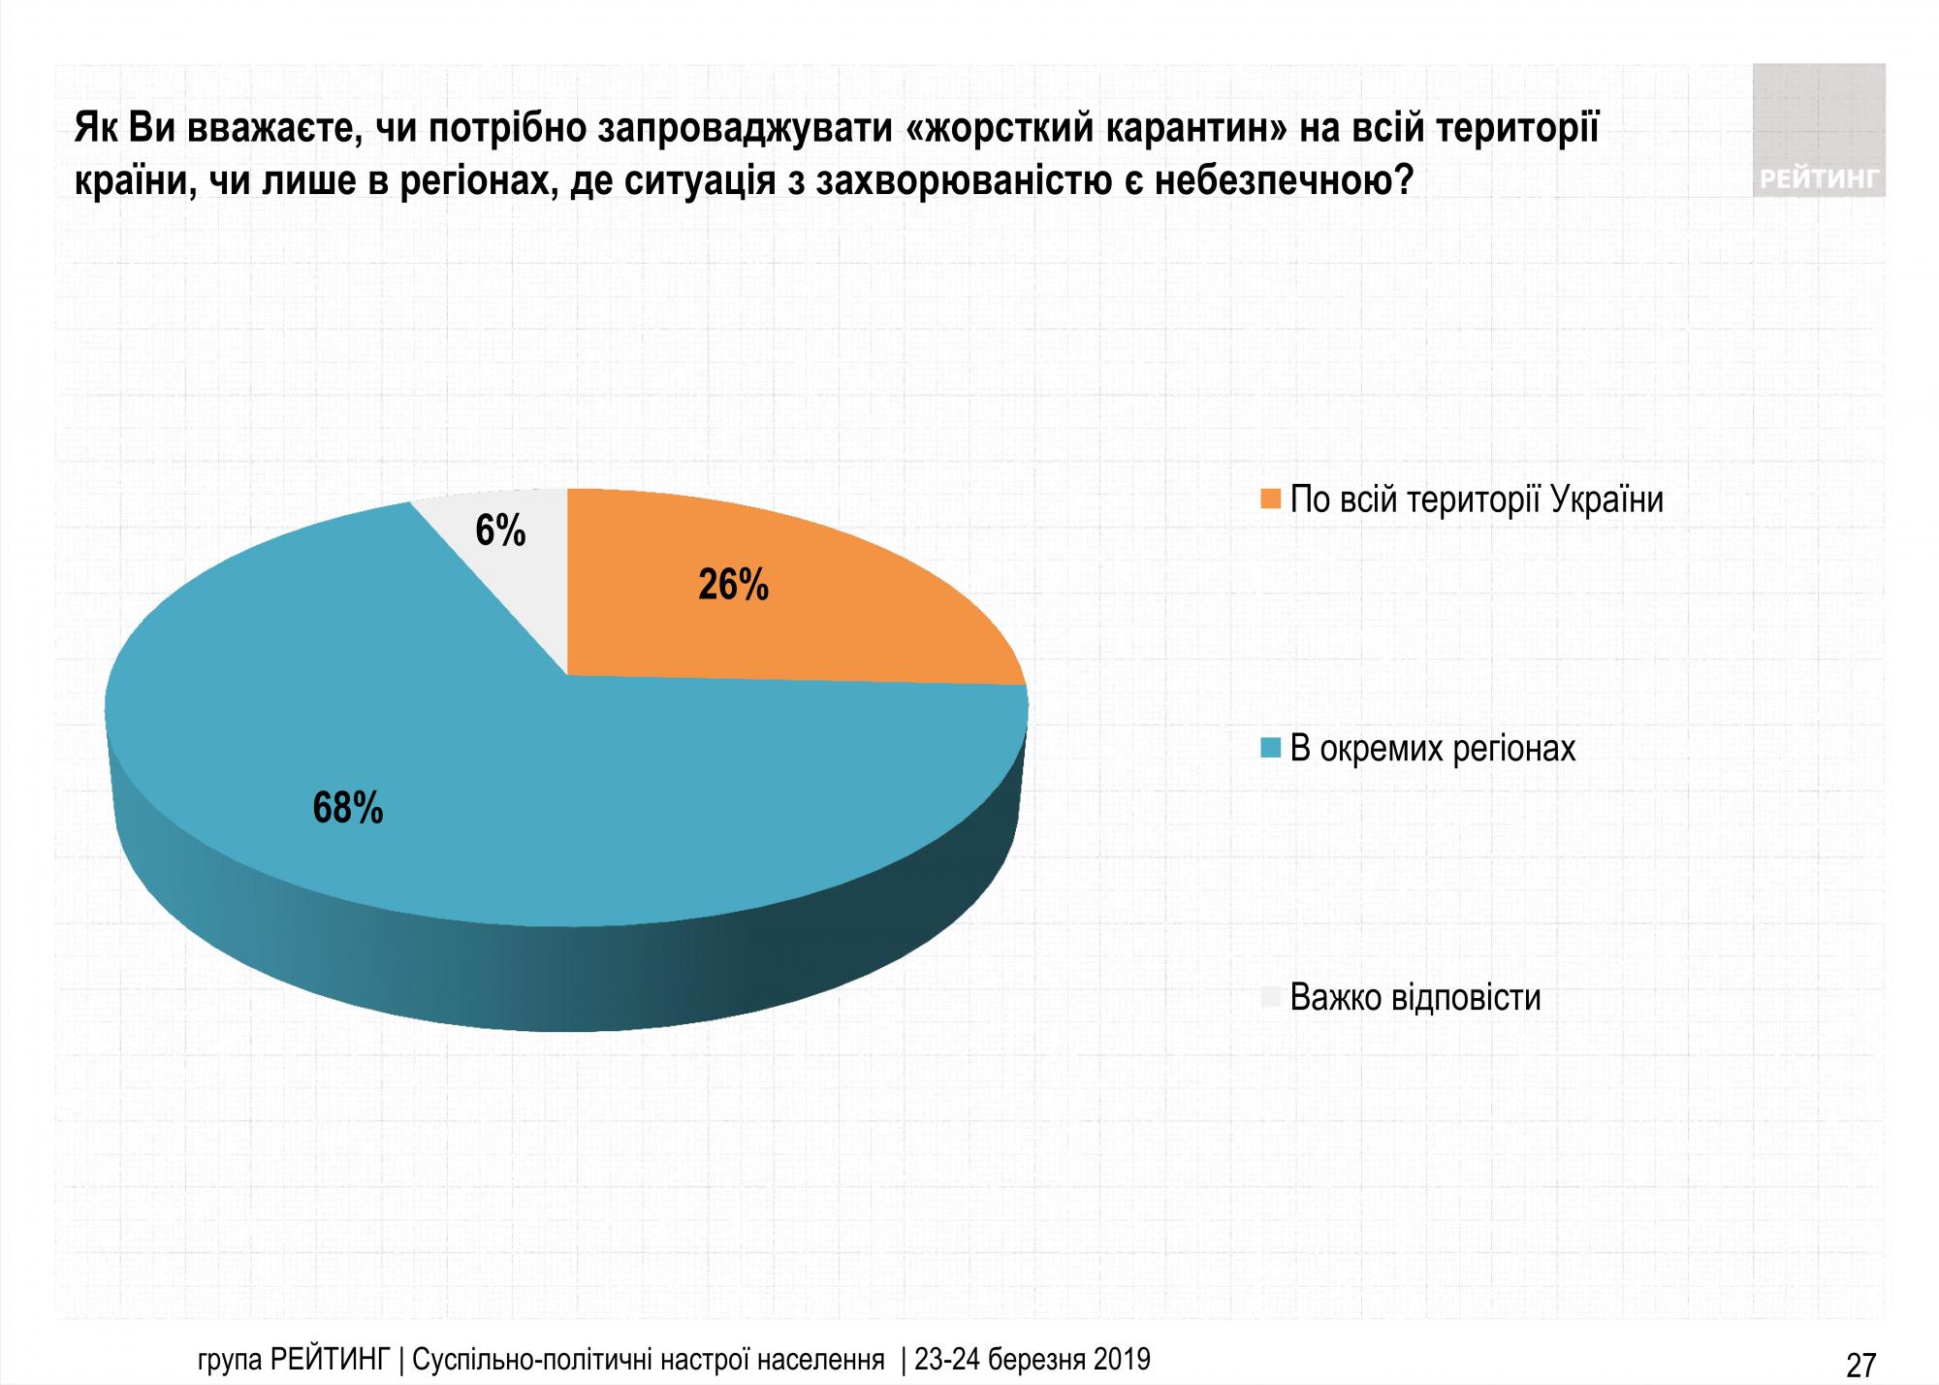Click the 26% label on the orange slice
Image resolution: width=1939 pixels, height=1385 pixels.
tap(733, 586)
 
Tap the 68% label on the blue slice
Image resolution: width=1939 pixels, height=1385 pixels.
tap(348, 807)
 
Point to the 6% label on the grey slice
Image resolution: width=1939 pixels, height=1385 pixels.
tap(500, 531)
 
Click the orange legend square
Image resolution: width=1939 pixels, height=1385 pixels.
tap(1271, 500)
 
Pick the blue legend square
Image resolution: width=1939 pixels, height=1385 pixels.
tap(1271, 748)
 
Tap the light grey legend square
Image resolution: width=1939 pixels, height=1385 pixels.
tap(1271, 997)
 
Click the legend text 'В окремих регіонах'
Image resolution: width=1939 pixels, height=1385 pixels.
tap(1432, 748)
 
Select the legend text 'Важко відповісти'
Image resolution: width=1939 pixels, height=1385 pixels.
tap(1415, 997)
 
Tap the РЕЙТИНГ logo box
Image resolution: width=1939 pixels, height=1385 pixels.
tap(1818, 130)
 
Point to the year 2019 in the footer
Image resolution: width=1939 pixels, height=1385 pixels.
tap(1121, 1360)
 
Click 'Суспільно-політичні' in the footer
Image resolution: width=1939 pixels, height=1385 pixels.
tap(532, 1360)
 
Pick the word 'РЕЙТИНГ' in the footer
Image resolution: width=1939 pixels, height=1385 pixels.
tap(331, 1360)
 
